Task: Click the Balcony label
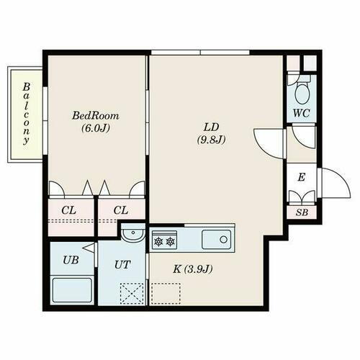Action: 25,114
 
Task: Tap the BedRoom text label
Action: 95,115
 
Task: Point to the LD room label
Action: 211,127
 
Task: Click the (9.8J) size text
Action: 211,140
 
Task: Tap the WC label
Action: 302,113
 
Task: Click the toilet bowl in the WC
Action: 302,91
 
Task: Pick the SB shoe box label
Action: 301,212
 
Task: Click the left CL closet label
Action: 68,210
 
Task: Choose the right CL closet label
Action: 120,210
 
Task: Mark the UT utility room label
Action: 122,264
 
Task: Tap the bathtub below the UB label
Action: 71,292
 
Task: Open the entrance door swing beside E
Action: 330,181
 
